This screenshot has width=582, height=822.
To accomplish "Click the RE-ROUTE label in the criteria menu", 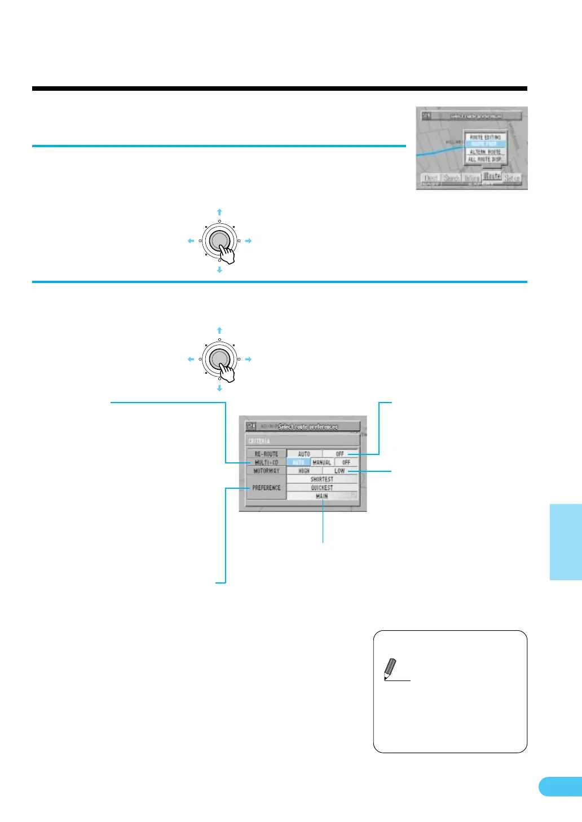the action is pos(266,454).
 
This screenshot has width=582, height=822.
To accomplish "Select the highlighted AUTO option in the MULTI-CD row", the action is pos(298,462).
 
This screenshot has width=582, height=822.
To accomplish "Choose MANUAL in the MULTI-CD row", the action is pos(322,462).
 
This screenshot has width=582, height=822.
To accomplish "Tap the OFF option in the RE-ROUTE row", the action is pos(339,454).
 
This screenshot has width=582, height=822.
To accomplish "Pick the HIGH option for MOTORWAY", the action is pos(304,471).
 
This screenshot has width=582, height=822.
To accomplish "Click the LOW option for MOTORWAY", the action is pos(339,471).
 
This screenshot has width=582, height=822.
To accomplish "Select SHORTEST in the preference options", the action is pos(322,479).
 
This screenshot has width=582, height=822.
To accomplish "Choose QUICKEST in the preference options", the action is pos(322,488).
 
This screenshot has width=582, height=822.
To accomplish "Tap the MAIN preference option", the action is pos(322,496).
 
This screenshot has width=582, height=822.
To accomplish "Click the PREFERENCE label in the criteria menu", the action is pos(266,488).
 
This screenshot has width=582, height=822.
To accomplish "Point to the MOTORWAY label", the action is pos(266,471).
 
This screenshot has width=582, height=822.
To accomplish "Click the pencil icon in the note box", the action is pos(390,669).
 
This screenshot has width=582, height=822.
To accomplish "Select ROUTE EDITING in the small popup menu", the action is pos(485,137).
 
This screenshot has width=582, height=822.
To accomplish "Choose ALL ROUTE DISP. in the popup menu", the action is pos(485,160).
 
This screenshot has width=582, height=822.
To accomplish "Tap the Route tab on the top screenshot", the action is pos(492,176).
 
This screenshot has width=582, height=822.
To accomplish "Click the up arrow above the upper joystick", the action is pos(219,212).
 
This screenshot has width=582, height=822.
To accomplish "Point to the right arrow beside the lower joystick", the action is pos(248,359).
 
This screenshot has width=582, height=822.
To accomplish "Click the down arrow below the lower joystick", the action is pos(219,388).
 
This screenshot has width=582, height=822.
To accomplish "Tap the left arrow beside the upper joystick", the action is pos(191,241).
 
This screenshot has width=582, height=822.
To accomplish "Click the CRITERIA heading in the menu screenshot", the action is pos(259,441).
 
